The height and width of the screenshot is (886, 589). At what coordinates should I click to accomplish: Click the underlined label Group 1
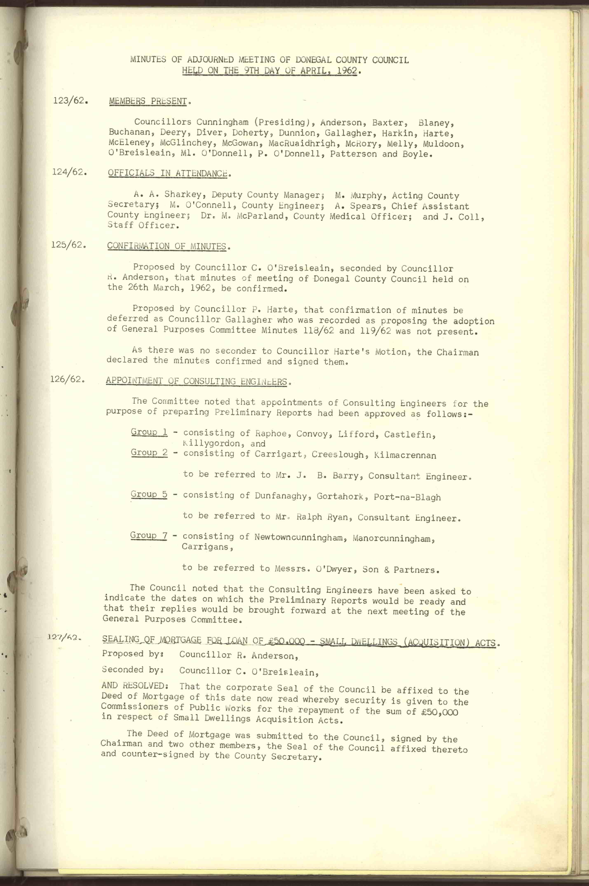149,432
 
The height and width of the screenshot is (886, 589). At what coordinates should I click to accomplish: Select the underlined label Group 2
149,453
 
